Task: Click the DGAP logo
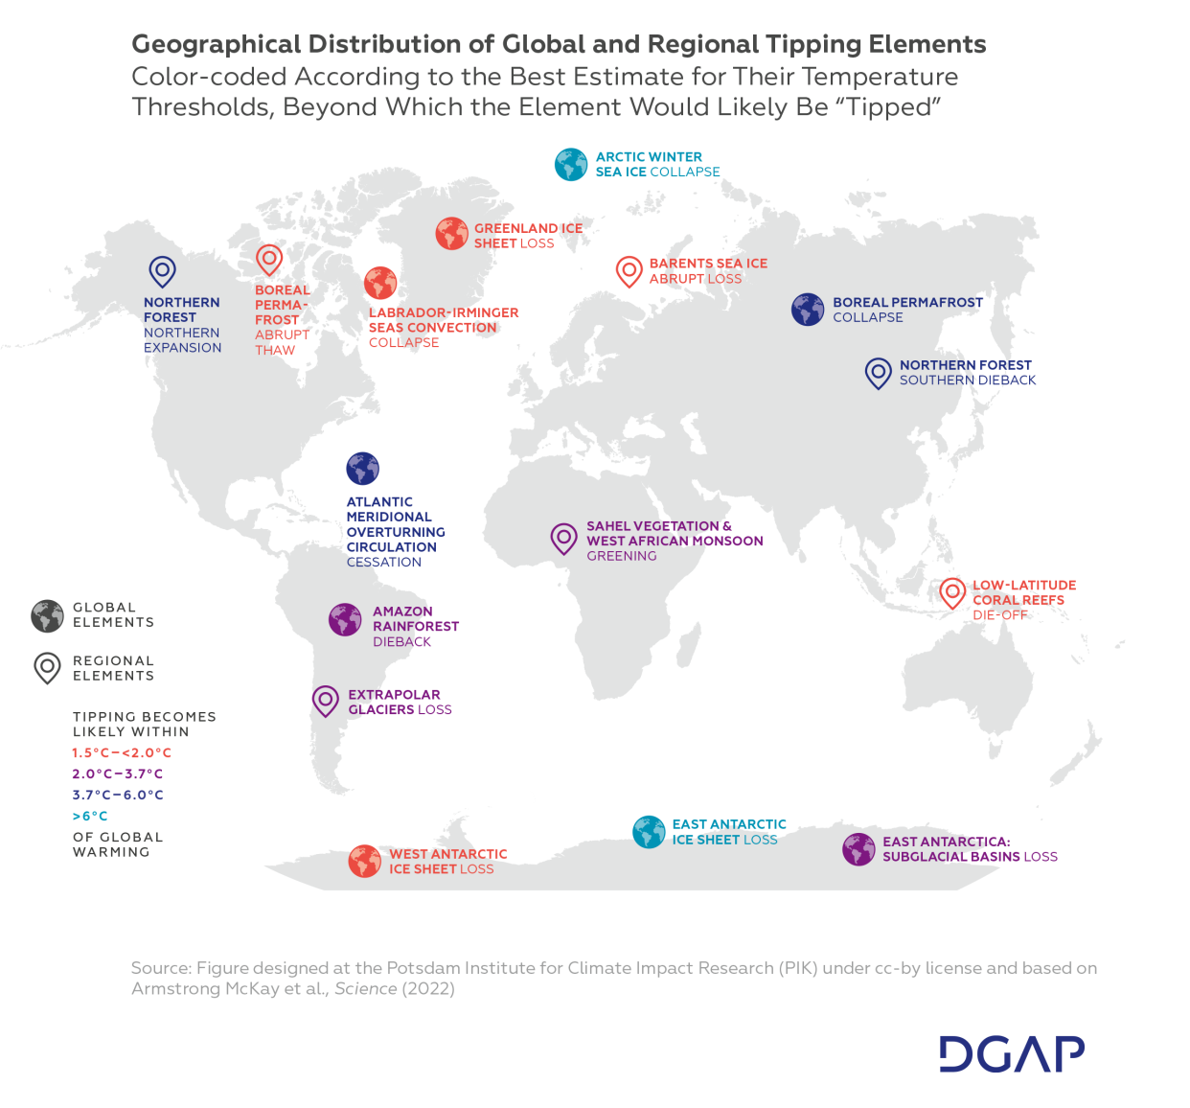click(x=1012, y=1053)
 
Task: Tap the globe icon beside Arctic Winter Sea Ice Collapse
click(x=571, y=165)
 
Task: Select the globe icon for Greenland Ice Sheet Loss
click(x=451, y=234)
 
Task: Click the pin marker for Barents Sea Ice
click(x=629, y=271)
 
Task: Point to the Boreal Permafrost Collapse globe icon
click(x=808, y=310)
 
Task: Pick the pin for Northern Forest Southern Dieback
click(x=878, y=372)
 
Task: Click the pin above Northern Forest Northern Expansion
click(x=162, y=271)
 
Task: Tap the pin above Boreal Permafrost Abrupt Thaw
click(x=269, y=259)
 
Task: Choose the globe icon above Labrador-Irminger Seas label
click(x=380, y=283)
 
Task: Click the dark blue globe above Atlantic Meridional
click(x=363, y=469)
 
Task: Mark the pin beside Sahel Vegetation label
click(x=563, y=538)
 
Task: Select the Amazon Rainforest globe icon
click(x=345, y=620)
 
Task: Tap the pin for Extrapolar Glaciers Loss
click(x=326, y=701)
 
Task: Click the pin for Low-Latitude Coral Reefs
click(x=951, y=592)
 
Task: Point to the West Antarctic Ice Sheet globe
click(x=364, y=861)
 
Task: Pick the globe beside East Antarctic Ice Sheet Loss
click(x=649, y=832)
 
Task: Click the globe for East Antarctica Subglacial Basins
click(x=858, y=849)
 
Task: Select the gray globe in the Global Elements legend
click(x=47, y=615)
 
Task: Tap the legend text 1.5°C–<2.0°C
click(x=122, y=753)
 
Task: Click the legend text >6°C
click(x=90, y=817)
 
